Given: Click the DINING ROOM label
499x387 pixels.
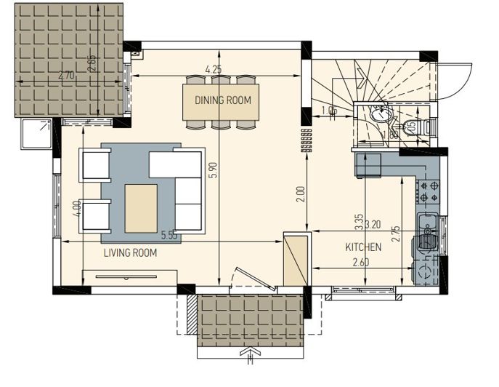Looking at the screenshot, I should point(223,100).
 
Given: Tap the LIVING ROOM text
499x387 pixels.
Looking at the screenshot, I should point(131,252).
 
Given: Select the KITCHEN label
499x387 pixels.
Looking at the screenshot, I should point(363,247).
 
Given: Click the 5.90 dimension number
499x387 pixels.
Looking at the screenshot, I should point(213,169).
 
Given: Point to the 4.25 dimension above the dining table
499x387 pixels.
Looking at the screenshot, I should point(213,70).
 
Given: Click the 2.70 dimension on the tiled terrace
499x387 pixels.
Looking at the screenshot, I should point(66,75).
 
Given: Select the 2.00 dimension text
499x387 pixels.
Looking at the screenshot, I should point(301,193).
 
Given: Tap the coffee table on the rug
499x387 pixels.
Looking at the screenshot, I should point(141,209).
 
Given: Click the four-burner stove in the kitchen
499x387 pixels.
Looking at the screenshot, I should point(426,191).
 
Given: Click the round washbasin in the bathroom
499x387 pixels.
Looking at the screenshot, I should point(378,117).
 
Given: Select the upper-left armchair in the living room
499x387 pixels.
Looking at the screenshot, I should point(96,164).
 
